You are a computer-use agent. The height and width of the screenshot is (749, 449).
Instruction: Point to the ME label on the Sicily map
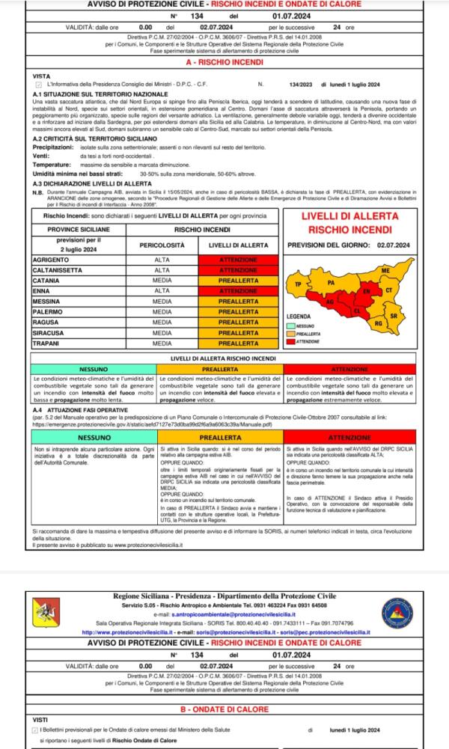click(x=386, y=269)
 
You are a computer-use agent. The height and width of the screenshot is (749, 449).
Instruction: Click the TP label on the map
click(x=299, y=285)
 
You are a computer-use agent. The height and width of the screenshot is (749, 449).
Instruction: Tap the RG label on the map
click(x=378, y=323)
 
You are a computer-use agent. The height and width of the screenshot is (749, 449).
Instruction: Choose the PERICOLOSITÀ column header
click(x=162, y=245)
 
